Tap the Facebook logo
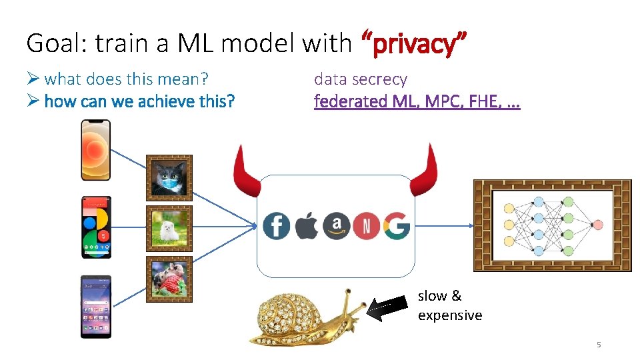coord(276,226)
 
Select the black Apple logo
coord(307,226)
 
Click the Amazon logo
coord(336,225)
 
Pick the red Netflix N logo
coord(366,226)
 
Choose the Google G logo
coord(396,226)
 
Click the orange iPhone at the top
coord(95,150)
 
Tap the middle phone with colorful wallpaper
coord(96,227)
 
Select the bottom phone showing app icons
coord(96,307)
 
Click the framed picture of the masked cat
coord(169,178)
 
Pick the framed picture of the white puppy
coord(169,229)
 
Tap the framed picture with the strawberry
coord(169,279)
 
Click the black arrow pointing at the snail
coord(387,308)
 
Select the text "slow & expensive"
coord(449,305)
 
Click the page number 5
coord(599,345)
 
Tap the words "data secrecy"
coord(360,79)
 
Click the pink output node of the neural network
coord(597,225)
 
